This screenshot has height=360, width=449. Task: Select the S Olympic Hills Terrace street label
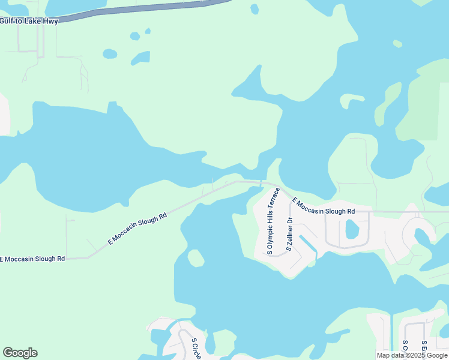click(x=273, y=221)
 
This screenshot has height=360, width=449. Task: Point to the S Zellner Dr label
click(x=289, y=235)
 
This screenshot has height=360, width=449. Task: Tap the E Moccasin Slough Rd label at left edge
click(x=32, y=259)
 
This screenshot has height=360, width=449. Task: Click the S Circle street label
click(x=196, y=349)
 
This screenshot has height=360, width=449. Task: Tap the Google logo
click(x=20, y=353)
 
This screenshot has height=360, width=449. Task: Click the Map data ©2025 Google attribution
click(x=412, y=355)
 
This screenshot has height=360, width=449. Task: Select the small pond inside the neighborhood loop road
click(x=351, y=229)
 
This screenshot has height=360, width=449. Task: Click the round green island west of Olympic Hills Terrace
click(x=196, y=259)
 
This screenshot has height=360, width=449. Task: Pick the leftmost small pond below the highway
click(x=110, y=53)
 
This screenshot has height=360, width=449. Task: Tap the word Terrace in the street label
click(x=276, y=199)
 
